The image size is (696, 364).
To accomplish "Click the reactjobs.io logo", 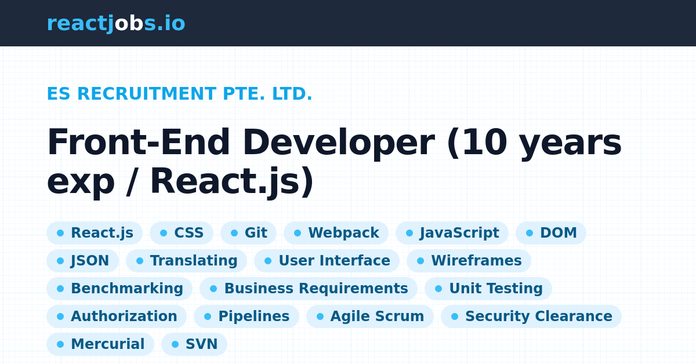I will tap(116, 24).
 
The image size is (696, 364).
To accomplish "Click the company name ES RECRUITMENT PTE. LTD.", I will tap(179, 94).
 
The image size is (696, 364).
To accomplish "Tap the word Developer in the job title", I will tap(338, 143).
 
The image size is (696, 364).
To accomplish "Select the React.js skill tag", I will tap(95, 233).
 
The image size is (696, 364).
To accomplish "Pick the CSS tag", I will tap(182, 233).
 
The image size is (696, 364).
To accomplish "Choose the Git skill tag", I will tap(248, 233).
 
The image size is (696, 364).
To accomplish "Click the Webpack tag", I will tap(336, 233).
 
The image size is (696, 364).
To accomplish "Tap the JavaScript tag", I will tap(452, 233).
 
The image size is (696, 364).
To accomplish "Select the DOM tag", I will tap(551, 233).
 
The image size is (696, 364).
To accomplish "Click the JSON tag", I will tap(82, 261).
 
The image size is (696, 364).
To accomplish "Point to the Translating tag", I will tap(186, 261).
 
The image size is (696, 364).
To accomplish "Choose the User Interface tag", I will tap(327, 261).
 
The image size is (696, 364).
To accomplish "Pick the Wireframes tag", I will tap(469, 261).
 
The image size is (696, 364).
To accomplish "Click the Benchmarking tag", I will tap(119, 289).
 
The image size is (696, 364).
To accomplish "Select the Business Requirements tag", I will tap(309, 289).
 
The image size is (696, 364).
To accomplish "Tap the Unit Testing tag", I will tap(488, 289).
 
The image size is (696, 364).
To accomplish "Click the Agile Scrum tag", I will tap(370, 316).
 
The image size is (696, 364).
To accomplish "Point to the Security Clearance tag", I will tap(531, 316).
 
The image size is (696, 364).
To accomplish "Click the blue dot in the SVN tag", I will tap(175, 344).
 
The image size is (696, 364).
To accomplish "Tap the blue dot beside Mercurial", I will tap(60, 344).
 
